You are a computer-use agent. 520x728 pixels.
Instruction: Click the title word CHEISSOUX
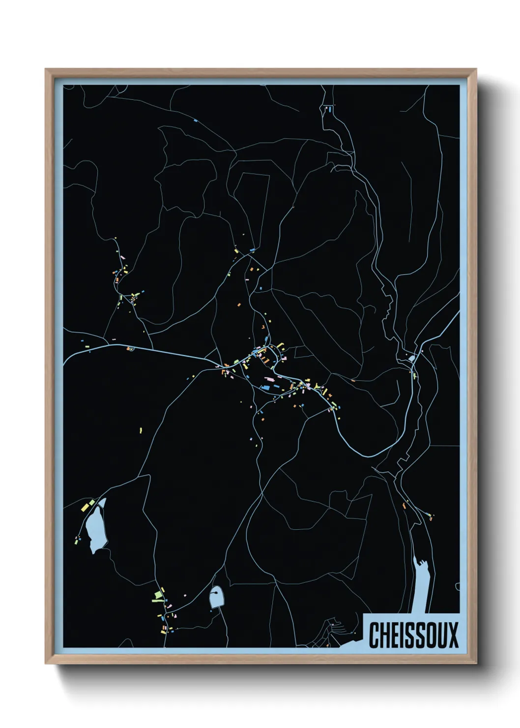click(413, 635)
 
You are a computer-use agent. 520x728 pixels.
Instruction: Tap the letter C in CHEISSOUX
click(374, 635)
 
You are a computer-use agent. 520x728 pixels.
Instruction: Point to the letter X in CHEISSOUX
click(453, 635)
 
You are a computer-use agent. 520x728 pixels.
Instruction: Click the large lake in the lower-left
click(95, 529)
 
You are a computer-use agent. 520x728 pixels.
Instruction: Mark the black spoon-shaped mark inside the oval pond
click(215, 595)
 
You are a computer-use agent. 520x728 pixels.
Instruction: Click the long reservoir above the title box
click(424, 585)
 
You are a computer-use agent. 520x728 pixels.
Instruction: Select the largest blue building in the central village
click(266, 388)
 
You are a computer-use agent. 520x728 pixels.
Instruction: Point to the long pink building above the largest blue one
click(269, 379)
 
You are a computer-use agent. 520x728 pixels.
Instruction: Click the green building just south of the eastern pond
click(415, 376)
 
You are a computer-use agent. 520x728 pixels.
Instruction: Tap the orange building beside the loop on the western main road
click(128, 349)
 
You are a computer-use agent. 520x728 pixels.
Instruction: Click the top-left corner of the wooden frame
click(46, 69)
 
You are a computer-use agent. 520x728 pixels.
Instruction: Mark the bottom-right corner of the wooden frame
click(476, 664)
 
